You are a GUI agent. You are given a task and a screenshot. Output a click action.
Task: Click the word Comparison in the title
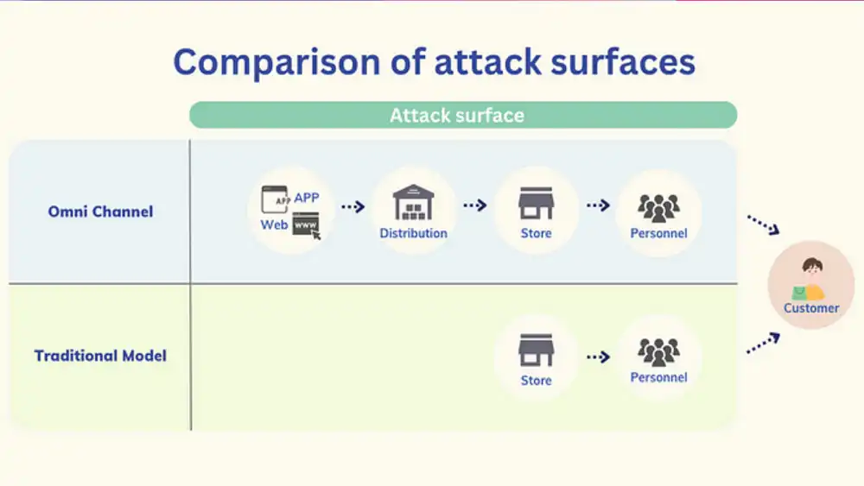point(276,62)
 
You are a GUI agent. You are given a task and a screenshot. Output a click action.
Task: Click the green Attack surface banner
point(463,115)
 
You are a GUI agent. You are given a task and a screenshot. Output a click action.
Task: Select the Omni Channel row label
point(100,211)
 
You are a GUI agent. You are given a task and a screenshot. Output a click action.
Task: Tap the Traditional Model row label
point(100,356)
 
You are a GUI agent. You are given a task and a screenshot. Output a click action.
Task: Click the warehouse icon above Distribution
point(413,203)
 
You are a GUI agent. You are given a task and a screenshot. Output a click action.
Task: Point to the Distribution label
point(413,233)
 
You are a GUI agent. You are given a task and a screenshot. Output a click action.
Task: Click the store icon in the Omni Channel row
point(537,203)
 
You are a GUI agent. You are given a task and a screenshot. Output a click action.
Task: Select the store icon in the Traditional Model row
point(537,350)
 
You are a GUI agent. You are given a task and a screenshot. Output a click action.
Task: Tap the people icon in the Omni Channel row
point(658,208)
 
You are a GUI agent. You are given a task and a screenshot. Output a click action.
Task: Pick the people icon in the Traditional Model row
point(658,352)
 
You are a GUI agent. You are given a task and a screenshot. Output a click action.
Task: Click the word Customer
point(811,308)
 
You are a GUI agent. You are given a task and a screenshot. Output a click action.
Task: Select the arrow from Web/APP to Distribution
point(353,207)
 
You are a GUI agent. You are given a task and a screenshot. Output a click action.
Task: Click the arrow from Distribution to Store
point(475,205)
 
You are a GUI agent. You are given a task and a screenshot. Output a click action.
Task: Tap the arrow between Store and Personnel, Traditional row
point(598,357)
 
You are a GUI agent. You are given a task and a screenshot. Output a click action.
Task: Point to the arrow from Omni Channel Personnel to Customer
point(763,224)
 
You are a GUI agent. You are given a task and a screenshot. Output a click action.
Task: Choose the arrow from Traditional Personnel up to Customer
point(763,343)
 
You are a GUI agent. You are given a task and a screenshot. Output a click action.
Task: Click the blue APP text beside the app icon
point(307,198)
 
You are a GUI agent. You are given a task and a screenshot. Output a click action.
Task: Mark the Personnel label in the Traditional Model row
point(658,377)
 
